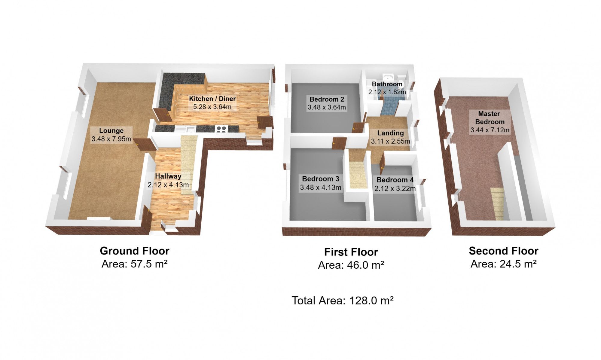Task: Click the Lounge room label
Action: click(111, 131)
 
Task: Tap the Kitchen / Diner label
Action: click(212, 99)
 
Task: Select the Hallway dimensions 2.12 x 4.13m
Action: click(168, 185)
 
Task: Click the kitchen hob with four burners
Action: click(221, 129)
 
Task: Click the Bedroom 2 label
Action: click(327, 99)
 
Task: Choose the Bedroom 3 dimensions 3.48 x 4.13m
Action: click(321, 188)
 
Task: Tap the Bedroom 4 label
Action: click(395, 180)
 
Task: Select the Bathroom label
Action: click(387, 84)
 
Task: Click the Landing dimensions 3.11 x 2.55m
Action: click(391, 141)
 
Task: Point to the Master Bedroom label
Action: click(490, 118)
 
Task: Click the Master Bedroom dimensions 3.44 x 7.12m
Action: click(490, 130)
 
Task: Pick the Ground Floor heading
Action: click(135, 251)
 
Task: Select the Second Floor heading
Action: click(504, 251)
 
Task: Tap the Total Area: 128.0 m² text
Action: click(343, 301)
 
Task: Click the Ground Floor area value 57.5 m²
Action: click(149, 264)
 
